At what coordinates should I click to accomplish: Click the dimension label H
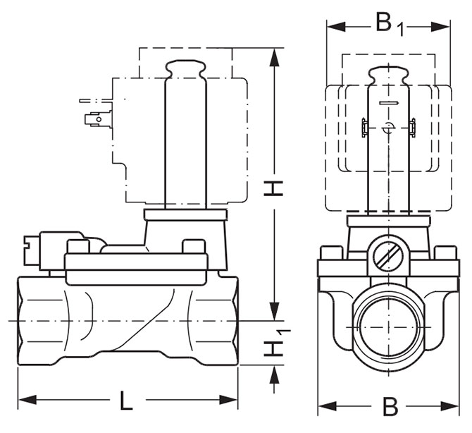coord(275,187)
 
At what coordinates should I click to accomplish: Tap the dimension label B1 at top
coord(388,23)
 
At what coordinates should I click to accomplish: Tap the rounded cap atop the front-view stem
coord(388,73)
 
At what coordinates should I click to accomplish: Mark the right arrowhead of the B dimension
coord(451,406)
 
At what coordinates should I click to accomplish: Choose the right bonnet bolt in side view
coord(192,248)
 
